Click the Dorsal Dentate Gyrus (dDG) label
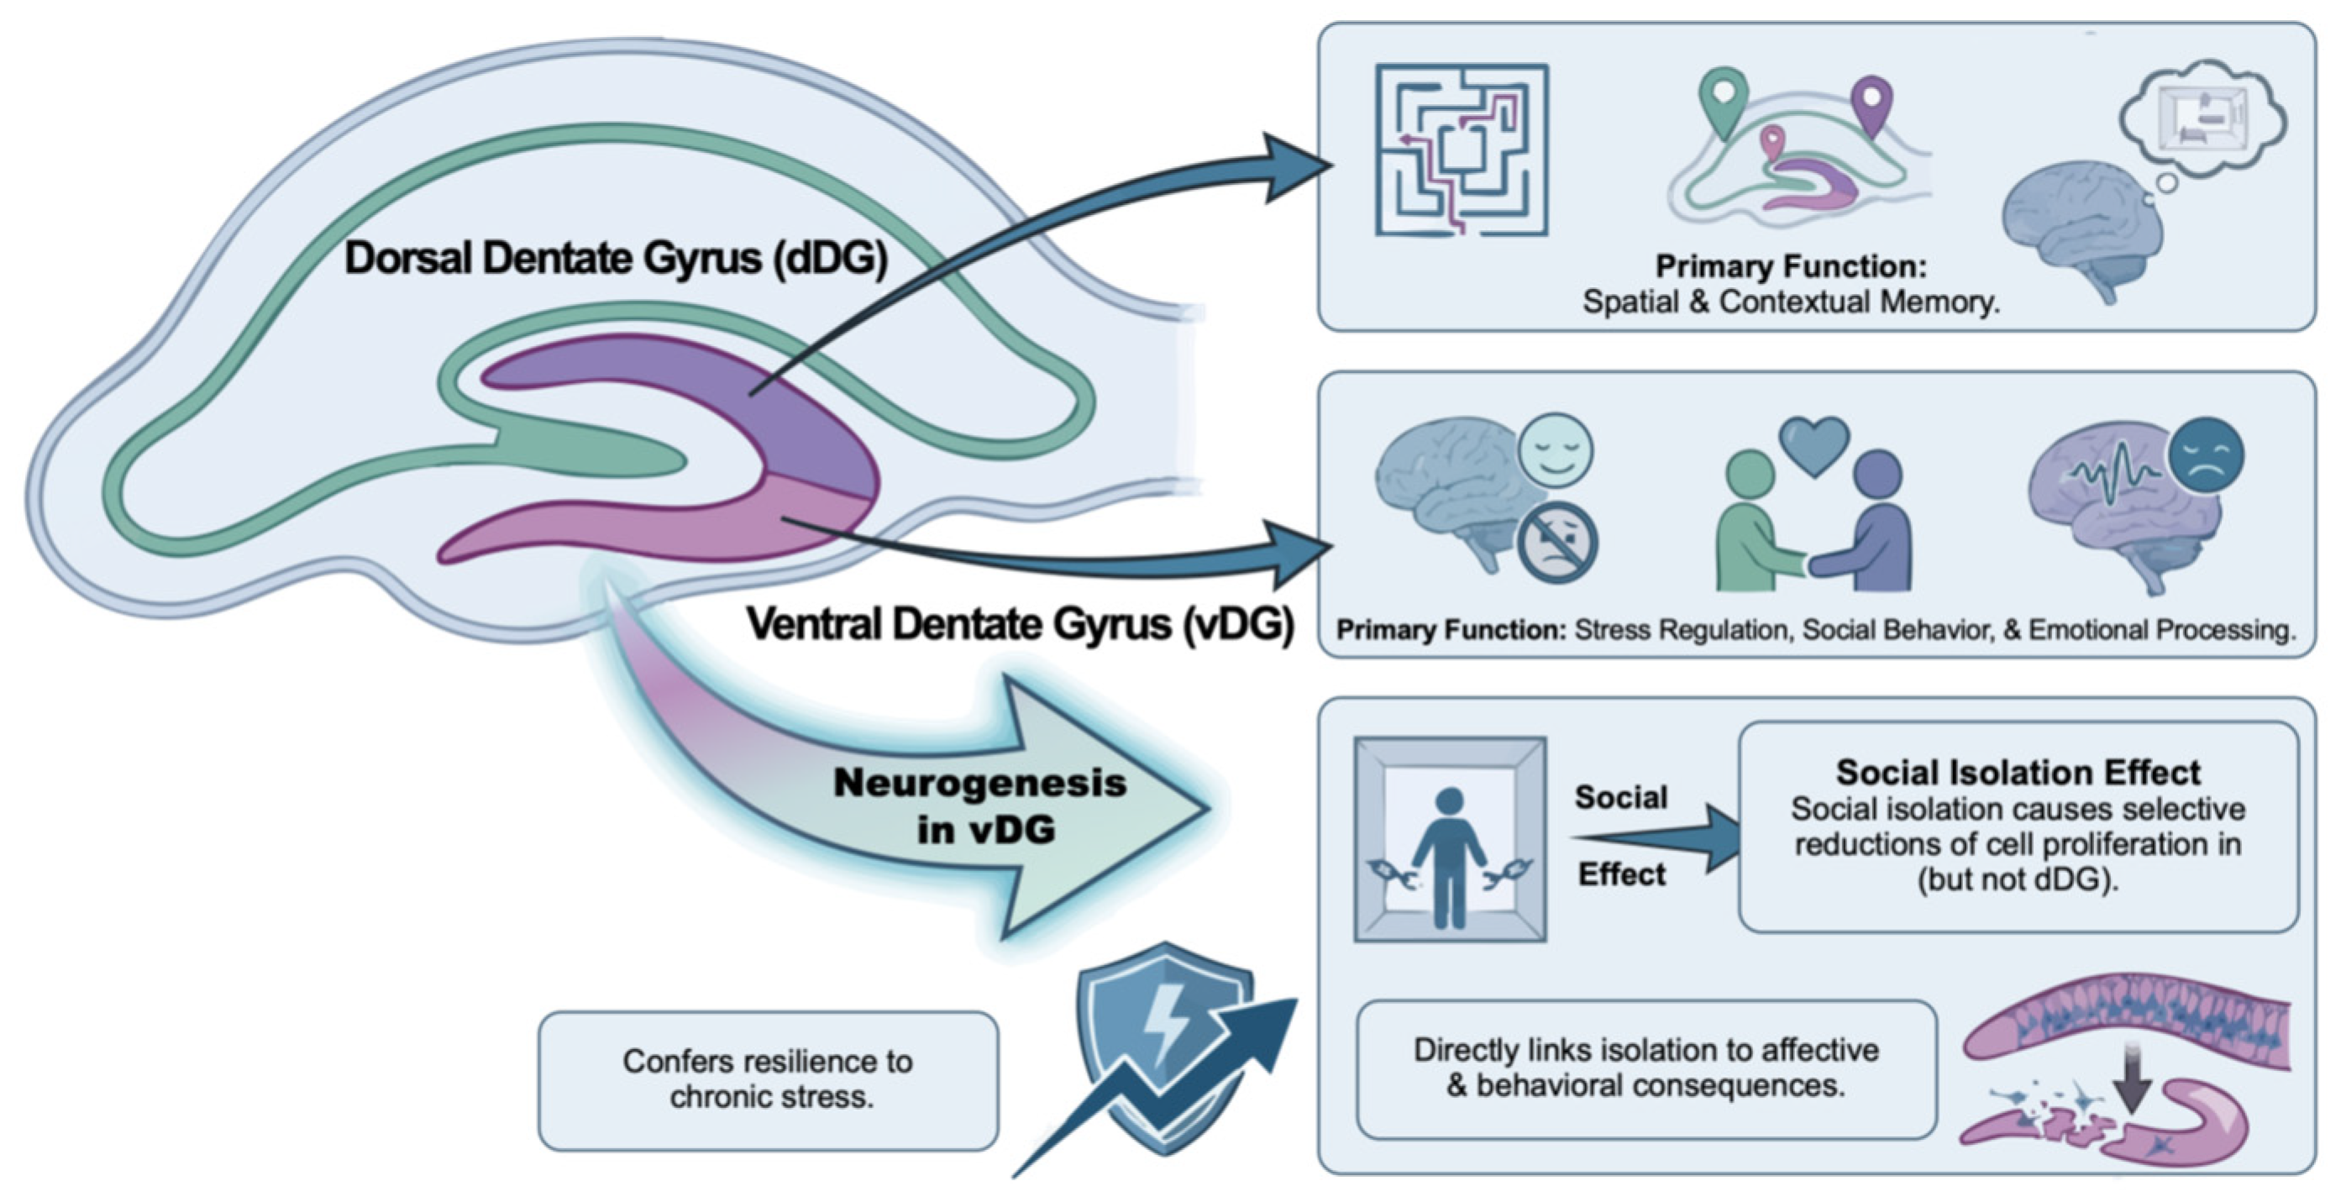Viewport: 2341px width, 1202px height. pos(615,259)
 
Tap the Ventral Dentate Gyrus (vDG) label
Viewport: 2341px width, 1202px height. pos(1020,624)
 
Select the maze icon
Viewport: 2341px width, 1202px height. pos(1462,150)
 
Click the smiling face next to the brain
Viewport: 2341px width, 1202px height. pos(1556,450)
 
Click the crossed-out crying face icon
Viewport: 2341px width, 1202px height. pos(1557,542)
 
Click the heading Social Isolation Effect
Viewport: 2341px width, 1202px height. pos(2018,772)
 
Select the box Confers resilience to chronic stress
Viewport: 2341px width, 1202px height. pos(768,1080)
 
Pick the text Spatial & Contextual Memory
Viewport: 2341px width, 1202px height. pos(1790,302)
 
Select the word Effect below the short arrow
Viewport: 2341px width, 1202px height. pos(1621,874)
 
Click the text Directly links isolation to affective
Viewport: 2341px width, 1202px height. pos(1646,1049)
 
